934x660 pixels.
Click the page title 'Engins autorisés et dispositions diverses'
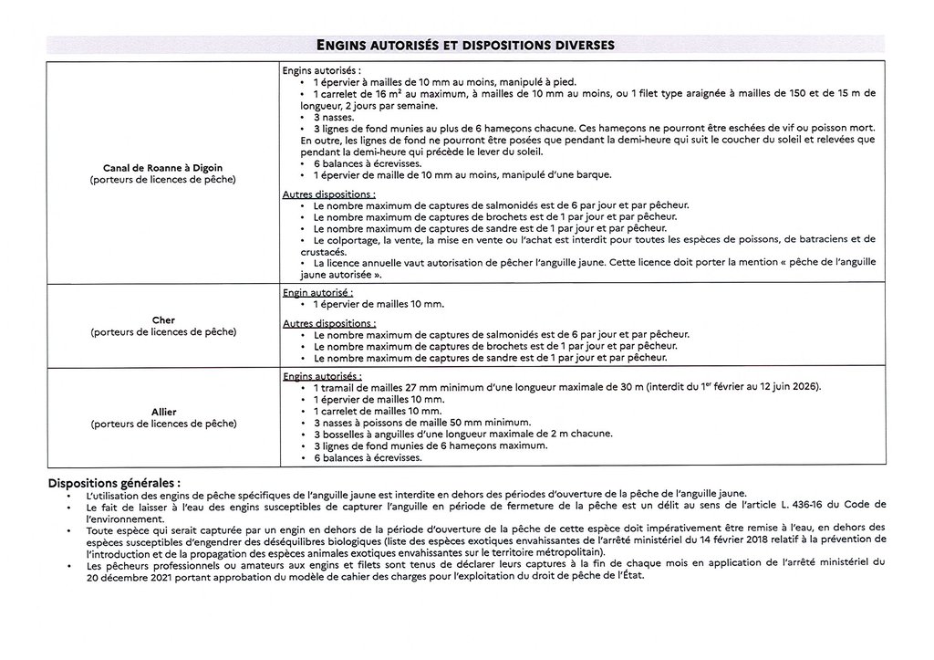[465, 43]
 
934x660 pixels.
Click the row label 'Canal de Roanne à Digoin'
[162, 168]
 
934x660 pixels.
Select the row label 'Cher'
[162, 320]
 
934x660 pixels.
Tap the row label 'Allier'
[162, 412]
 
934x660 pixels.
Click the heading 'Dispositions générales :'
[114, 482]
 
